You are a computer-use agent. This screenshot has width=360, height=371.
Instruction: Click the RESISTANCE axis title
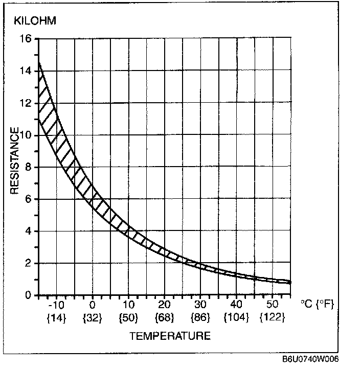[15, 160]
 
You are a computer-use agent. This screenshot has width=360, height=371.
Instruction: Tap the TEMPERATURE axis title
[169, 336]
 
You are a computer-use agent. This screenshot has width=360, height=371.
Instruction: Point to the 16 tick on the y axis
[26, 39]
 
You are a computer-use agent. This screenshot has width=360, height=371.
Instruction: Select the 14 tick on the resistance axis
[26, 71]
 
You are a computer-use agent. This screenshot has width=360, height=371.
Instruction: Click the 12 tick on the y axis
[26, 103]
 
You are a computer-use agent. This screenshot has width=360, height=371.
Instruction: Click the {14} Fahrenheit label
[57, 318]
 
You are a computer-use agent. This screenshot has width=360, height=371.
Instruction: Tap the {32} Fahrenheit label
[93, 318]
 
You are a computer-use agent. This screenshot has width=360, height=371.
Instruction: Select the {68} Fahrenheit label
[164, 318]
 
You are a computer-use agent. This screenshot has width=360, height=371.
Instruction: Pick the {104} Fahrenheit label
[236, 318]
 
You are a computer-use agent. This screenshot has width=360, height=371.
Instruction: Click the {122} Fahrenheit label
[272, 318]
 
